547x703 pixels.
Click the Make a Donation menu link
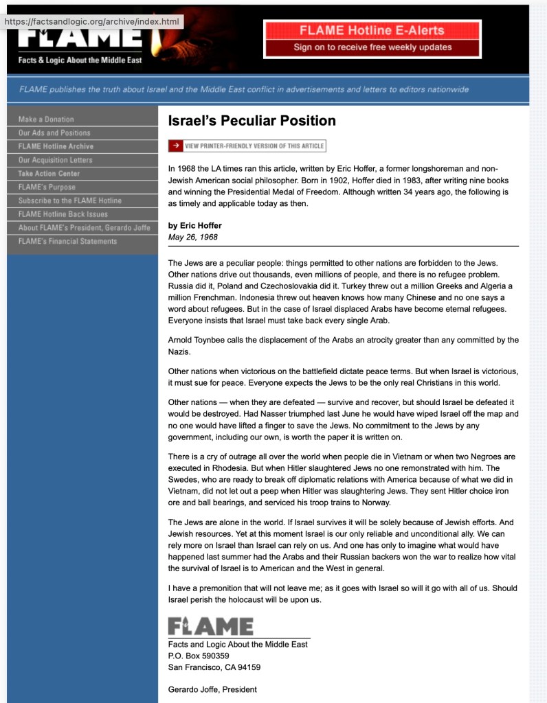[x=46, y=119]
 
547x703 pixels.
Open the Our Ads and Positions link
[x=54, y=133]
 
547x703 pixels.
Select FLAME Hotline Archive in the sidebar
[x=56, y=146]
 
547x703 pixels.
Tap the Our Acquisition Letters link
[x=55, y=160]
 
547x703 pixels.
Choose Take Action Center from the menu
[x=49, y=174]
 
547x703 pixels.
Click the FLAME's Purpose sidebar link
[x=47, y=187]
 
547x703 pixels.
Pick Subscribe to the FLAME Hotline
[x=69, y=200]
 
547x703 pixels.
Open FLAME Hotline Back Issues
[x=63, y=214]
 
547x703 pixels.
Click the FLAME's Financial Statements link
[x=67, y=241]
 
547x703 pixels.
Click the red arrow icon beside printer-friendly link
[x=176, y=146]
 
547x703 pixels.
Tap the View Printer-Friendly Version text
[x=254, y=146]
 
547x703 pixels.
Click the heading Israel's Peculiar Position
[x=252, y=121]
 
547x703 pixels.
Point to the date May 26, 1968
[x=193, y=237]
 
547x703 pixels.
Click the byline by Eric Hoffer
[x=195, y=225]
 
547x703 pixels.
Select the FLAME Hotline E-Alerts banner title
[x=372, y=31]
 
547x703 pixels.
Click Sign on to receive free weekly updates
[x=372, y=47]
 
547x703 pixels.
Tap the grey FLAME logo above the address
[x=210, y=626]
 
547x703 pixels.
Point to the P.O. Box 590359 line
[x=199, y=656]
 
